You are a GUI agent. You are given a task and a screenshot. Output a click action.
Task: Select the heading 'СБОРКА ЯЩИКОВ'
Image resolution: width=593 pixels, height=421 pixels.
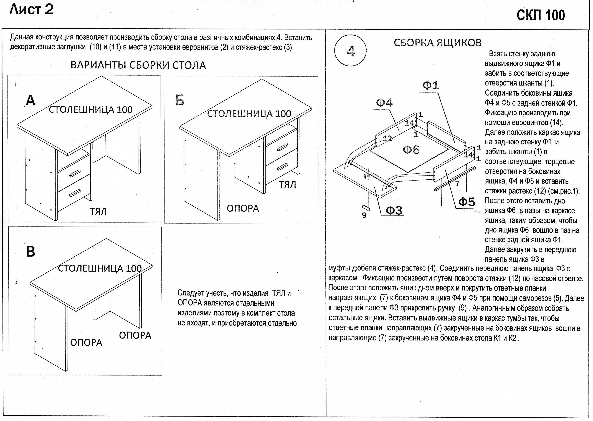point(437,43)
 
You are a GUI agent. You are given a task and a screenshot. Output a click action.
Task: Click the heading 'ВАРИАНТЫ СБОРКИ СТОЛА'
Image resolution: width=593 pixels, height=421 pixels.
point(138,65)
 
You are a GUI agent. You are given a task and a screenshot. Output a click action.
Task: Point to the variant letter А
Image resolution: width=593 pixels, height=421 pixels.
point(31,100)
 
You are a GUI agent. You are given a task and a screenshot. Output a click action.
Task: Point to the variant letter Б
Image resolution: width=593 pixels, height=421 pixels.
point(179,100)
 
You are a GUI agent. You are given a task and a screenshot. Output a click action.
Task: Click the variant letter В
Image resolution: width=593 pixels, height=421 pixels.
point(31,251)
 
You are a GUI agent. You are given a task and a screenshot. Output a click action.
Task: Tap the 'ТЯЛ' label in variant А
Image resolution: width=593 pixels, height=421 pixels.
point(98,211)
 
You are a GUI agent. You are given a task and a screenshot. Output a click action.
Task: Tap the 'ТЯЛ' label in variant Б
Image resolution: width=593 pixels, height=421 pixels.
point(287,185)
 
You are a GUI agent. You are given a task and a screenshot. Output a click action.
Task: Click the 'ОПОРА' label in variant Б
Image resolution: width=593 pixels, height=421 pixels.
point(243,208)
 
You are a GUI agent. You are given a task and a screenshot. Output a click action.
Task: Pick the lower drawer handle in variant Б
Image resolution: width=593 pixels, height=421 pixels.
point(282,167)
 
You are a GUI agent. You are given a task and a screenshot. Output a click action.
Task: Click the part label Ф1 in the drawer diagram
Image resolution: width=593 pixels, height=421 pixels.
point(431,85)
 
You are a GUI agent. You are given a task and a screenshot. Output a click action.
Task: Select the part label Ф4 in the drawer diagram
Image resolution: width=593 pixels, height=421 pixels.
point(384,103)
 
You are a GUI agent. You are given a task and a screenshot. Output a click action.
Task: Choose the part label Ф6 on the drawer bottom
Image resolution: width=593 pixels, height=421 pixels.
point(411,150)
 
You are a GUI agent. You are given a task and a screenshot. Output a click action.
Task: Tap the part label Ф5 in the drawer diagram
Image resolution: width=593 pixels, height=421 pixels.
point(467,202)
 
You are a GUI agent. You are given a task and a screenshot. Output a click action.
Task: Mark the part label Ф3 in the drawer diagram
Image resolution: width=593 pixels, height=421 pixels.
point(394,210)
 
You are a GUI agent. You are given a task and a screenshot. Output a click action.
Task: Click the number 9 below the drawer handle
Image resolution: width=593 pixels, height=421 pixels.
point(364,215)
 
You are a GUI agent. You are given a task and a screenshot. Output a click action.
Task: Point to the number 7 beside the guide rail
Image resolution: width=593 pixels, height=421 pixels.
point(457,184)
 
